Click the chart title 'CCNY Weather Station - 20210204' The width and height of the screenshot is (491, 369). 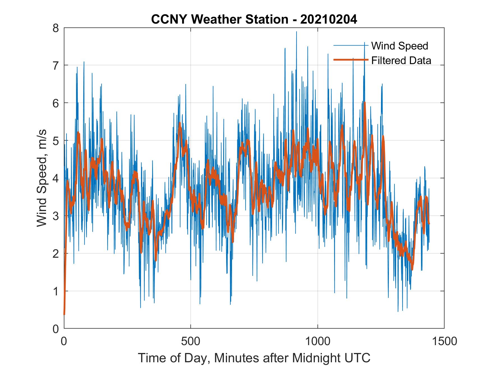[x=254, y=19]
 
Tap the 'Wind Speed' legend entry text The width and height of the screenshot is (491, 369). [x=400, y=46]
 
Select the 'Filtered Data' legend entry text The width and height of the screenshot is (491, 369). [x=401, y=60]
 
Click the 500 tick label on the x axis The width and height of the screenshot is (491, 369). [x=191, y=341]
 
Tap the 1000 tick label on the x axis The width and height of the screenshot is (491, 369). [x=318, y=341]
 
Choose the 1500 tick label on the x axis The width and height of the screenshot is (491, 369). [x=444, y=341]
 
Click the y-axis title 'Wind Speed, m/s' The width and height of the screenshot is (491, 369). [x=42, y=178]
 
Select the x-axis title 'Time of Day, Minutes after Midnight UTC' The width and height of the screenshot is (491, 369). [x=254, y=358]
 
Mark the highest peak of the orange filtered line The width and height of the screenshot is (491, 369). [x=364, y=103]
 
